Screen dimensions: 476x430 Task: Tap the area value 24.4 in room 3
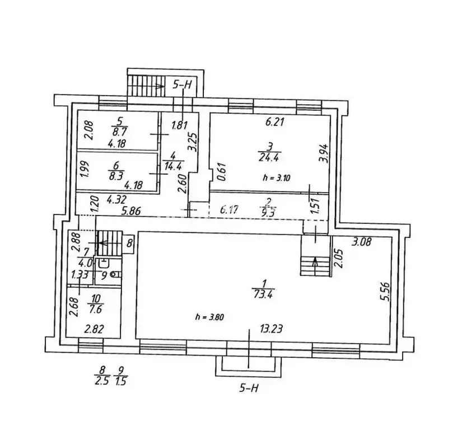tap(269, 157)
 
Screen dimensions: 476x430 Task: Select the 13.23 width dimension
tap(272, 328)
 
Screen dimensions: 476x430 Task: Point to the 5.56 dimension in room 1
tap(385, 291)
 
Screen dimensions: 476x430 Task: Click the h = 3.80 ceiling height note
tap(210, 317)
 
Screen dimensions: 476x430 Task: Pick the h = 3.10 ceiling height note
tap(276, 177)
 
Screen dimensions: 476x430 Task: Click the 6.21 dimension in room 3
tap(274, 122)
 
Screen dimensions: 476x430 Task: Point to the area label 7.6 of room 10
tap(96, 310)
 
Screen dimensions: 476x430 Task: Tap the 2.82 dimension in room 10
tap(95, 329)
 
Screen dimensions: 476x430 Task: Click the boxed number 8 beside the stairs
tap(129, 244)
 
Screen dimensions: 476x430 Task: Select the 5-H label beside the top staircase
tap(182, 85)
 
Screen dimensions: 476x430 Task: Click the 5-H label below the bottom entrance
tap(249, 387)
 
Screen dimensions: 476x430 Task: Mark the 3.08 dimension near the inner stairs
tap(361, 241)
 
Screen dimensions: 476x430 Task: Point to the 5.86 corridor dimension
tap(131, 211)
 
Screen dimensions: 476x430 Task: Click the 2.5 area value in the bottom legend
tap(102, 381)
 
